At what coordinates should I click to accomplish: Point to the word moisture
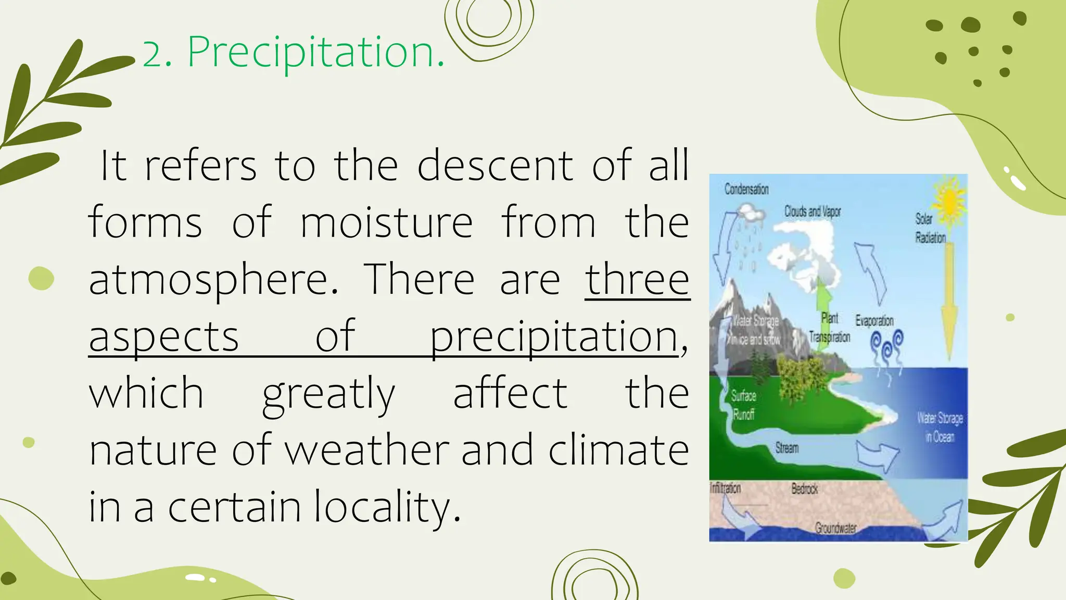coord(386,222)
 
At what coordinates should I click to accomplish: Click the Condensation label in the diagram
coord(746,189)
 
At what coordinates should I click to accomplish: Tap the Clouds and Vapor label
coord(813,211)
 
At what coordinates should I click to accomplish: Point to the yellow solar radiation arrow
coord(949,302)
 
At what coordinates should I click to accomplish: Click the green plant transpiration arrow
coord(823,302)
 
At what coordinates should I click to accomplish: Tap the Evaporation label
coord(874,320)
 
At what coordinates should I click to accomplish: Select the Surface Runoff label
coord(743,405)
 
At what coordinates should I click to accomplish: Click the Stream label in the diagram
coord(786,448)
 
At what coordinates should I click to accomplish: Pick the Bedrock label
coord(804,489)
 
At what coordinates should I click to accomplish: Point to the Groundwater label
coord(835,528)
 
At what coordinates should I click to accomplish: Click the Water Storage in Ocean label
coord(940,427)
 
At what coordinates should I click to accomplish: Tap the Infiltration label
coord(725,488)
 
